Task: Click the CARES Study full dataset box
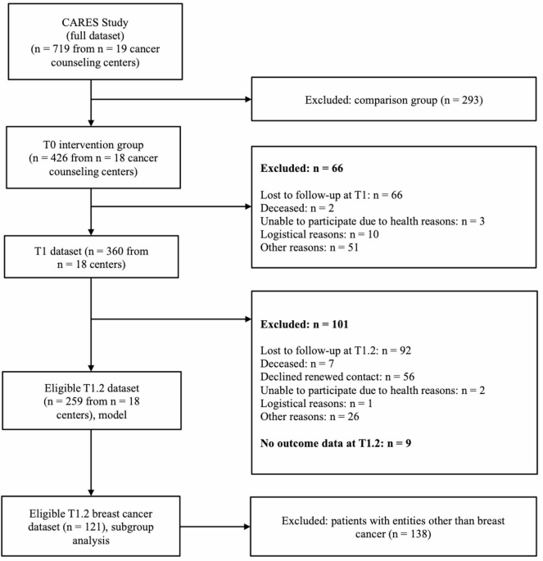tap(95, 42)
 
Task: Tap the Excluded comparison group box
tap(394, 99)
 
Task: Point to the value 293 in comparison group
tap(469, 100)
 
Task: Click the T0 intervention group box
tap(93, 157)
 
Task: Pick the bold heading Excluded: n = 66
tap(301, 168)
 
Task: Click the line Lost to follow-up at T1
tap(331, 195)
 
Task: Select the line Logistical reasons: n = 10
tap(319, 234)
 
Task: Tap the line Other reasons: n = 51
tap(310, 247)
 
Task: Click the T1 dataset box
tap(91, 257)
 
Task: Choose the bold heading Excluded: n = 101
tap(304, 324)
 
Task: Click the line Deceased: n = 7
tap(297, 364)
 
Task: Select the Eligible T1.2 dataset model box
tap(92, 400)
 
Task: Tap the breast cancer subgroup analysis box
tap(91, 527)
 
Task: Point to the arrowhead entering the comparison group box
tap(248, 99)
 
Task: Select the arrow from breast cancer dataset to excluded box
tap(215, 527)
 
